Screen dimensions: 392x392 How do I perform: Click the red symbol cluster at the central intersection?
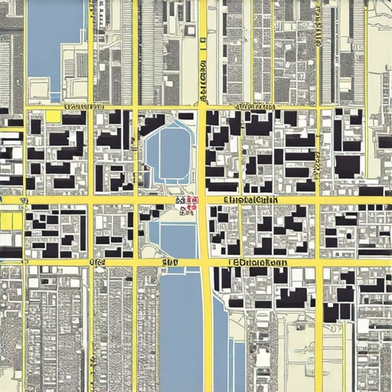click(x=187, y=204)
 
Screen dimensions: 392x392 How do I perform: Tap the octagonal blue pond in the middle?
click(x=169, y=152)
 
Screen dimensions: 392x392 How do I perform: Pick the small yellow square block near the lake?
click(x=53, y=116)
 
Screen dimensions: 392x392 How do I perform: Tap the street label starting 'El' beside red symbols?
click(x=250, y=200)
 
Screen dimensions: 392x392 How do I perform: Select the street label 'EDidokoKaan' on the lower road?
click(x=259, y=262)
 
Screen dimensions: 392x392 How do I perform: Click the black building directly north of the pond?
click(x=185, y=116)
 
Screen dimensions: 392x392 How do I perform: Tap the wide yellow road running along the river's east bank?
click(x=207, y=329)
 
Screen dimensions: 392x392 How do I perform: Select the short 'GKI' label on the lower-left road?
click(x=97, y=262)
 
